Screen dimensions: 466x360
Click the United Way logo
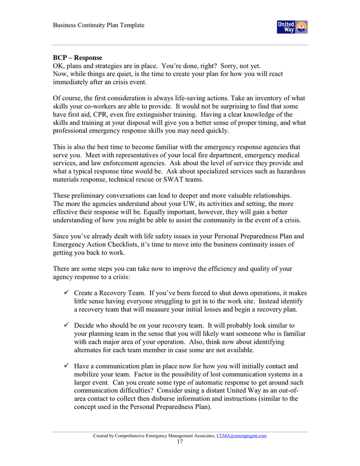point(292,27)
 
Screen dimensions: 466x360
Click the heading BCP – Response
point(78,57)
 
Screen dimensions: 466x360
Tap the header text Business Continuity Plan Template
point(98,25)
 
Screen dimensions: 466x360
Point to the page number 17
point(179,442)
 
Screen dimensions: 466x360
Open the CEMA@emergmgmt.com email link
point(241,435)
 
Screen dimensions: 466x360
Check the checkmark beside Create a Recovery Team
point(67,293)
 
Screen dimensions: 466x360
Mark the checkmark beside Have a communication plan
point(67,366)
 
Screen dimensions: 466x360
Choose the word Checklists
point(133,244)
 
